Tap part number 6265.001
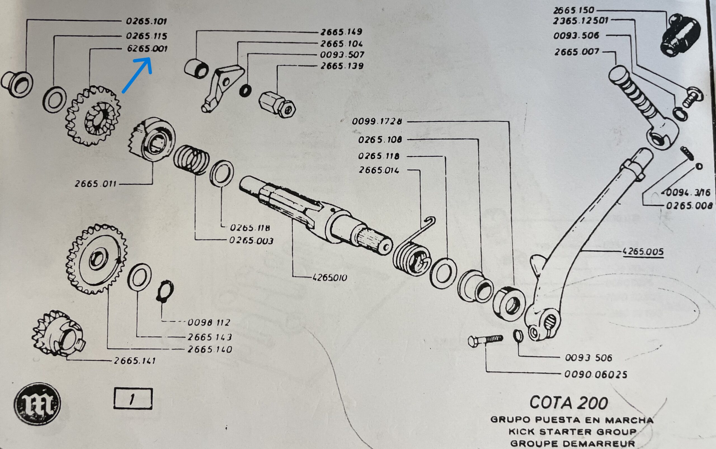pyautogui.click(x=147, y=48)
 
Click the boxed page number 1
pyautogui.click(x=133, y=398)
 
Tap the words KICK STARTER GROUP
pyautogui.click(x=572, y=431)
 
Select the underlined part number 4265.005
pyautogui.click(x=643, y=252)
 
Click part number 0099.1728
pyautogui.click(x=376, y=122)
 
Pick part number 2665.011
pyautogui.click(x=96, y=184)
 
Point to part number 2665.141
pyautogui.click(x=135, y=361)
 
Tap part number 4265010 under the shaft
pyautogui.click(x=330, y=278)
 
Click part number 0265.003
pyautogui.click(x=251, y=241)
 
